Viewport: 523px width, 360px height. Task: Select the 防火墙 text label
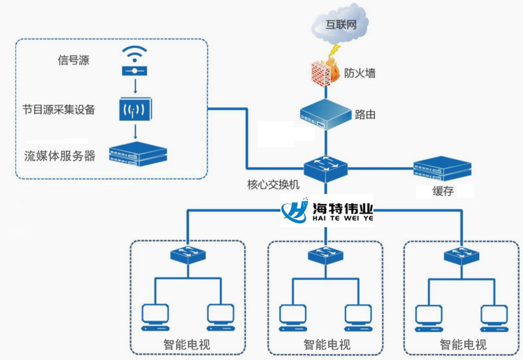coord(360,73)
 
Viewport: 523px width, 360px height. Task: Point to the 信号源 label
coord(74,61)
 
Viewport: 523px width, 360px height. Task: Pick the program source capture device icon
coord(136,108)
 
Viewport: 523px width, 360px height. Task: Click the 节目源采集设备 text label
coord(58,108)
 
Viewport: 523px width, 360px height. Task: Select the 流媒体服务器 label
coord(60,156)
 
